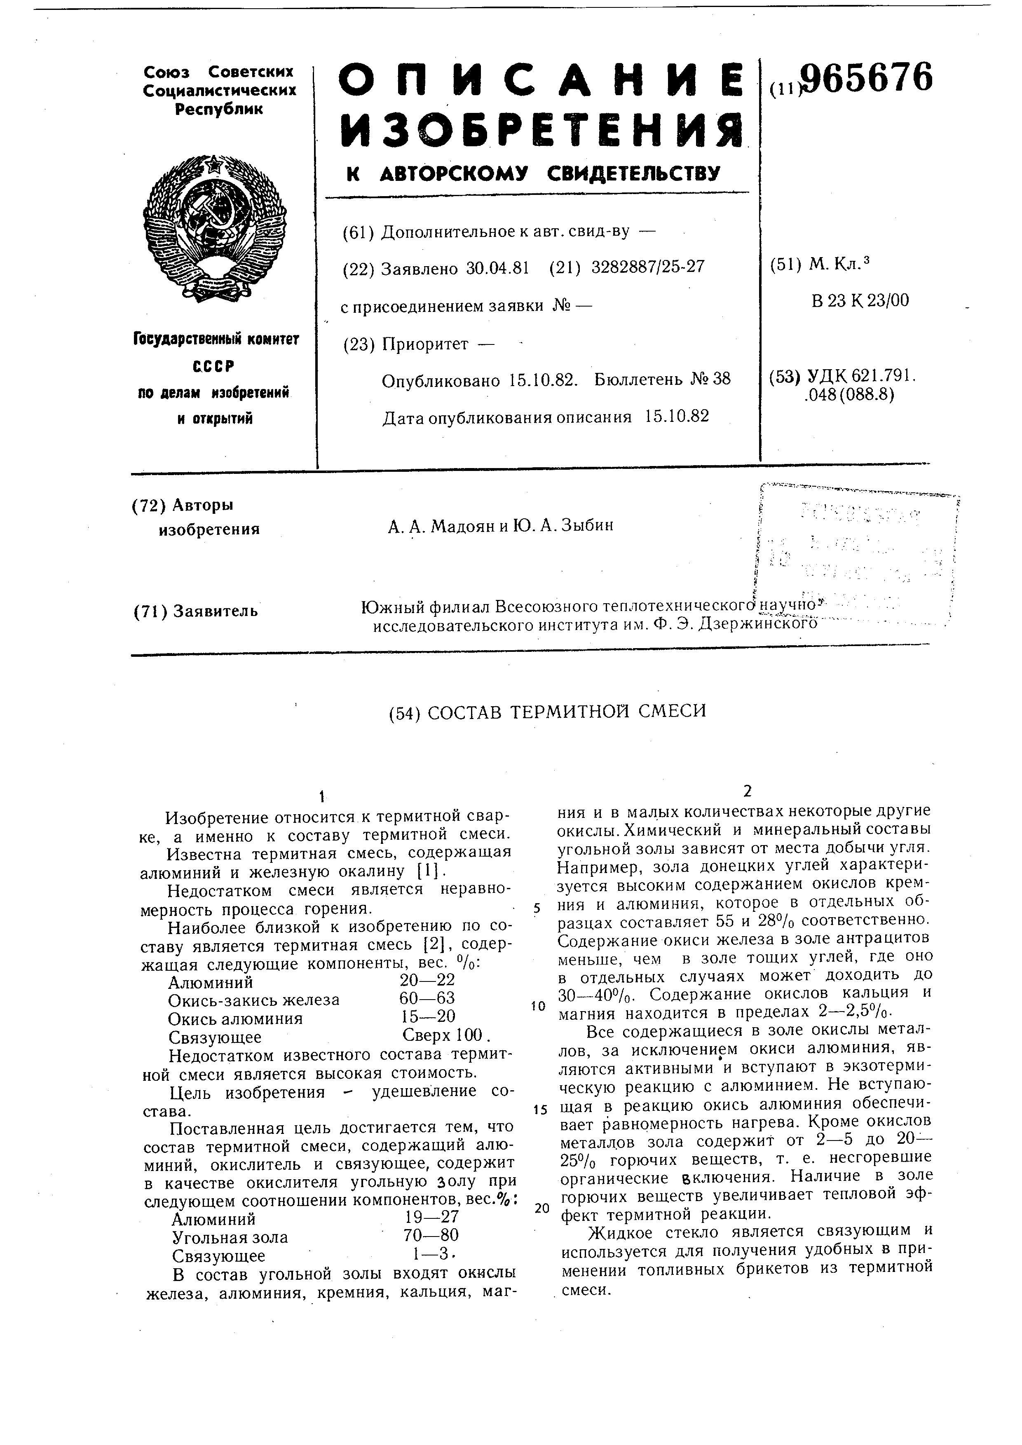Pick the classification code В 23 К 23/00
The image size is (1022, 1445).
tap(860, 301)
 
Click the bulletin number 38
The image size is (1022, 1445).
tap(722, 379)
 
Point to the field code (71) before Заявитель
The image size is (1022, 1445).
tap(150, 611)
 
